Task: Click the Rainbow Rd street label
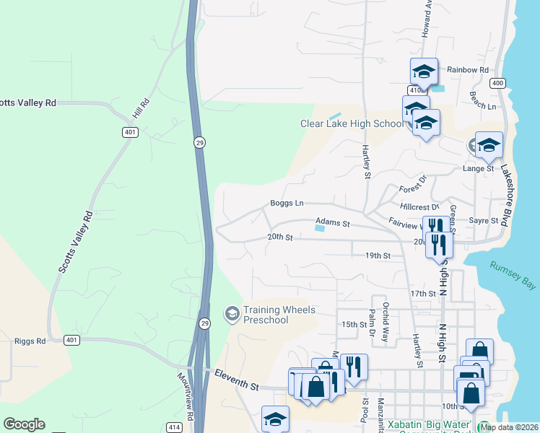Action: tap(468, 70)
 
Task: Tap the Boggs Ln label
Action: tap(287, 204)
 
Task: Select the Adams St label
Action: tap(332, 224)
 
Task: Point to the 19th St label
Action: tap(378, 255)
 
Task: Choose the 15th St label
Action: tap(354, 324)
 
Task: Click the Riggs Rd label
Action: tap(30, 341)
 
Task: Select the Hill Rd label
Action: tap(140, 109)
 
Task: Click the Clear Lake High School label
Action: tap(352, 123)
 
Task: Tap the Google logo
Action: tap(24, 424)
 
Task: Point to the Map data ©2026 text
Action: tap(509, 427)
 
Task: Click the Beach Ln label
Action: tap(483, 100)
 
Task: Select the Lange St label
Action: tap(478, 169)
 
